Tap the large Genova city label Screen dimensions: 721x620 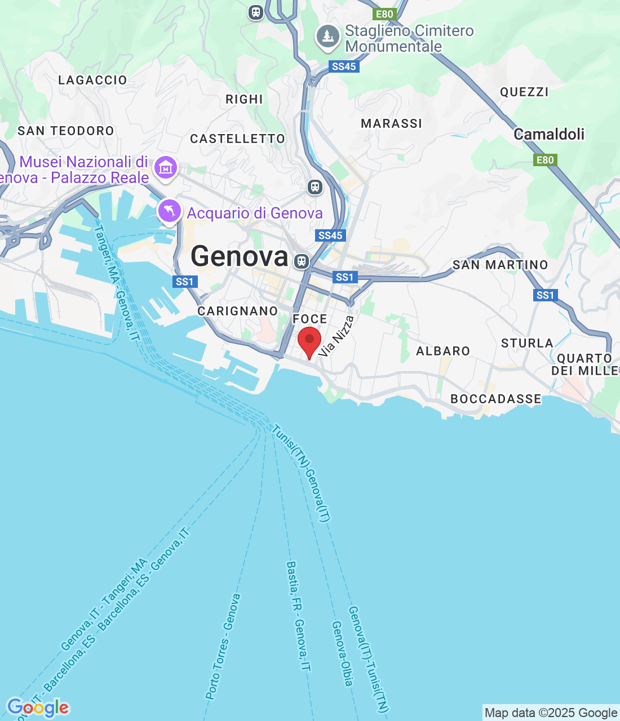click(240, 256)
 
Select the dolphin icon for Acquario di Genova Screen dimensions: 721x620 click(170, 212)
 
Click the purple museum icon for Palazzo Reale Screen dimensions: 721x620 click(166, 167)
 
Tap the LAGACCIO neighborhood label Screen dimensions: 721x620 click(93, 80)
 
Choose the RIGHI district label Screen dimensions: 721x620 click(244, 99)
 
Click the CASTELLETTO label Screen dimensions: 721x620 click(237, 139)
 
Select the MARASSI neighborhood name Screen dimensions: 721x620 click(391, 123)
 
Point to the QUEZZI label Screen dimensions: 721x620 click(524, 92)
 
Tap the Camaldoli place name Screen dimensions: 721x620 click(549, 134)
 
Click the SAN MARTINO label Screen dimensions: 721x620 click(500, 265)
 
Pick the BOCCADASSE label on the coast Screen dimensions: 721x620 click(496, 399)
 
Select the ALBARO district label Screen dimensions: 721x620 click(443, 351)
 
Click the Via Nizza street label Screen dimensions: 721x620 click(336, 336)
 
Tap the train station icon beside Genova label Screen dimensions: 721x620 click(302, 261)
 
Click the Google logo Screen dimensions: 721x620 click(38, 708)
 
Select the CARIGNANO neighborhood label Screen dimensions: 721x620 click(238, 311)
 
